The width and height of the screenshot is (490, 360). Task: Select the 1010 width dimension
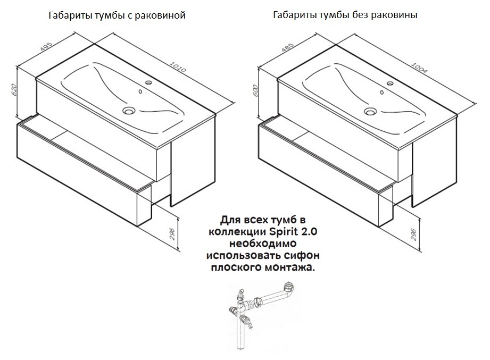pos(178,67)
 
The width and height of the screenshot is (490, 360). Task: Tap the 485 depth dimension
pos(287,47)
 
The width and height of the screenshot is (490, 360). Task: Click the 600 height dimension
pos(255,90)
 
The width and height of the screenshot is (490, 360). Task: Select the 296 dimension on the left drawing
pos(172,234)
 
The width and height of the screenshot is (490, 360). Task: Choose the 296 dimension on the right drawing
pos(413,235)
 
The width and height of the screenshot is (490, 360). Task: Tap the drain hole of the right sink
pos(370,111)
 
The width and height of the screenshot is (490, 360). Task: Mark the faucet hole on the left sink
pos(148,83)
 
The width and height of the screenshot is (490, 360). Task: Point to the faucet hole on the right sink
pos(390,83)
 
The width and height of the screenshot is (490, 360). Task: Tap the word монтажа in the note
pos(289,267)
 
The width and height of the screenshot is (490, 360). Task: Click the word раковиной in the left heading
pos(160,15)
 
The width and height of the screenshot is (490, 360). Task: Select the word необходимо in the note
pos(263,244)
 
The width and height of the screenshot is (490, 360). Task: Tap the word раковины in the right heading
pos(395,15)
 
